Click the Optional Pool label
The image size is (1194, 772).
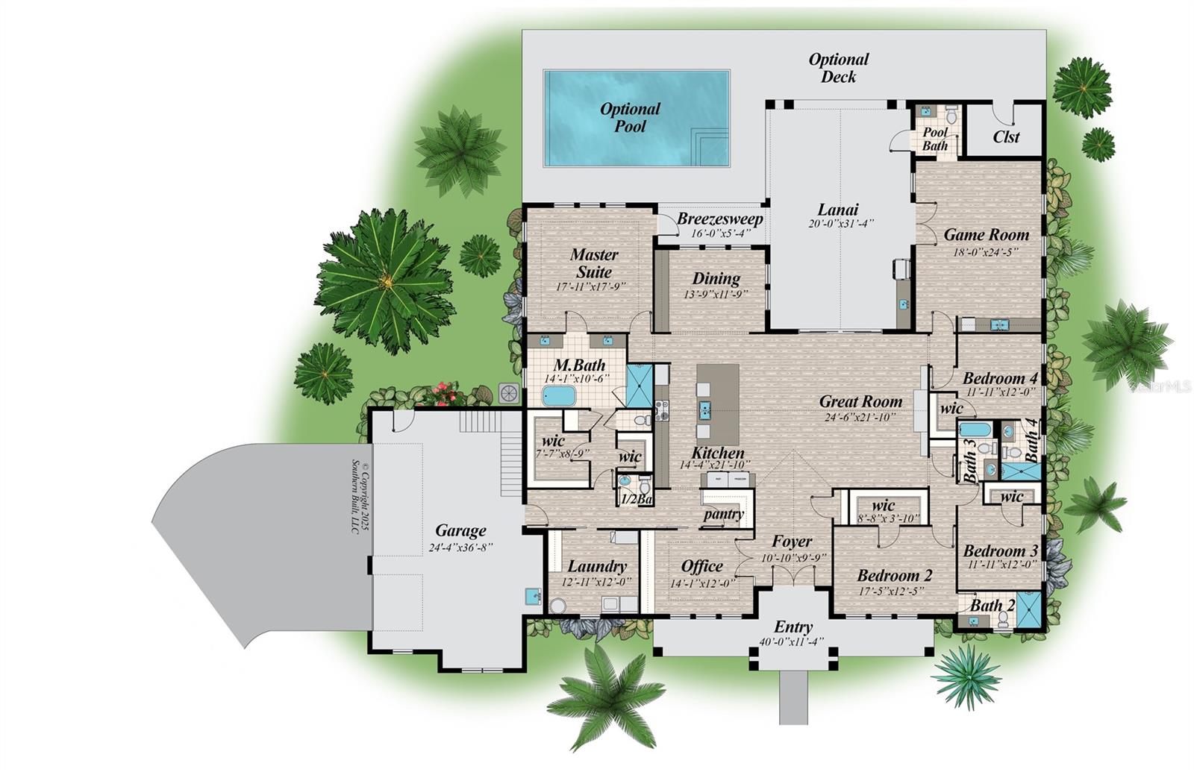[630, 118]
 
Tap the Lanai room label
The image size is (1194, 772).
[837, 210]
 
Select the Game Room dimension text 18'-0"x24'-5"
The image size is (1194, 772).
[986, 252]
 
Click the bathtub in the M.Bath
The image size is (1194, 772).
[558, 395]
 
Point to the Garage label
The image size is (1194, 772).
[460, 530]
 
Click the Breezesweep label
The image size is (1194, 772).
[719, 219]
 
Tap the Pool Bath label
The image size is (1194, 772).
[935, 139]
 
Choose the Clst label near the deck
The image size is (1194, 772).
[1006, 137]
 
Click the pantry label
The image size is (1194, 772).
[724, 514]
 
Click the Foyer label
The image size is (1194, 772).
[791, 542]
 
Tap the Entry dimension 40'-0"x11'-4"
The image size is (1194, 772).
[791, 642]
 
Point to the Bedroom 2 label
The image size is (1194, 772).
[894, 575]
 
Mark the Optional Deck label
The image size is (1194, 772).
[838, 68]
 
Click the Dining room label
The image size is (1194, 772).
[716, 279]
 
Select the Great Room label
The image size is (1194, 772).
[860, 401]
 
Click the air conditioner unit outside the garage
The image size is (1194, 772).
[509, 393]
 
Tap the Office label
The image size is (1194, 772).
[701, 566]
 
